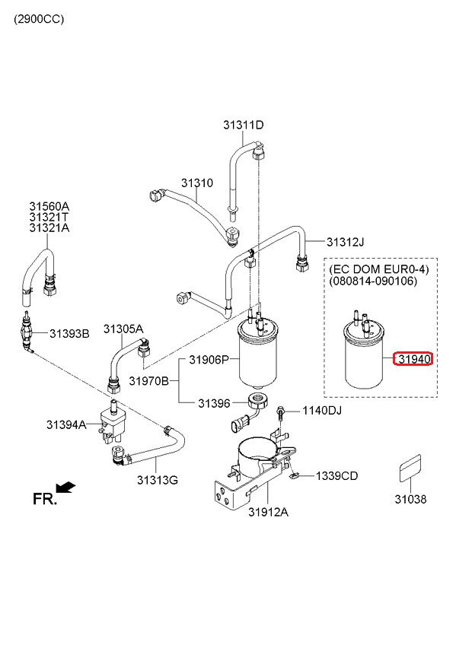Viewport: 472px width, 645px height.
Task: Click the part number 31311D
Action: coord(243,125)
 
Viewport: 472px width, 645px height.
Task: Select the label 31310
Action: coord(197,183)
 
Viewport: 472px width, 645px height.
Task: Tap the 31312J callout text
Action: coord(345,242)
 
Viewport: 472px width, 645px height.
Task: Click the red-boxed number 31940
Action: coord(414,359)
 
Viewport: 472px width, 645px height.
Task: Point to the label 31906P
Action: coord(209,360)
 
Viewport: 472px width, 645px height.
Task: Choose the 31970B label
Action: coord(149,381)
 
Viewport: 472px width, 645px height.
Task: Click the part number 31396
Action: coord(214,403)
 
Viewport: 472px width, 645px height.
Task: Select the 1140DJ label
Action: coord(322,411)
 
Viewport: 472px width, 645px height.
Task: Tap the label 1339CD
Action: coord(337,476)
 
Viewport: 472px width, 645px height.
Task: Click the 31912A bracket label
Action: coord(268,512)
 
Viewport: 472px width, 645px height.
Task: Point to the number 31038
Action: coord(410,499)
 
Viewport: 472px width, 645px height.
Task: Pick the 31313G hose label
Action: coord(158,480)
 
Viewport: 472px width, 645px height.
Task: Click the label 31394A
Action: coord(66,424)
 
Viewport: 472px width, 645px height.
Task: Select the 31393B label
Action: coord(69,334)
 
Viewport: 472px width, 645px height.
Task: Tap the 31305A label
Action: coord(123,329)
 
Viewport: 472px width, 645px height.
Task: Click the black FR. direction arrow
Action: coord(66,488)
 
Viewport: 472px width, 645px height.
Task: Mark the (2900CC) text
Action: coord(39,19)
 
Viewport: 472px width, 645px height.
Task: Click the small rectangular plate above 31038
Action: coord(410,468)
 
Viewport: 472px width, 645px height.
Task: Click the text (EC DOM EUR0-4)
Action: coord(379,269)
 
